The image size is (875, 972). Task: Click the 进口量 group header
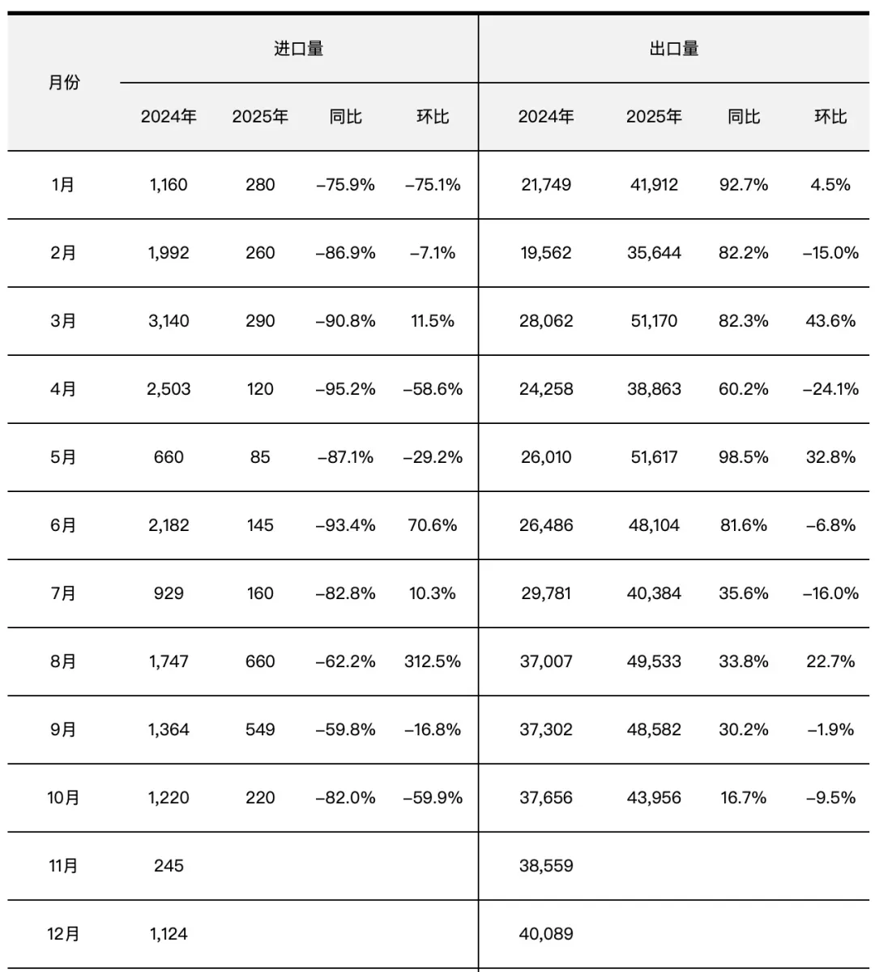point(298,49)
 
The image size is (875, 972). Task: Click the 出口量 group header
point(673,49)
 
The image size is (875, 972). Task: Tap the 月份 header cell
point(64,83)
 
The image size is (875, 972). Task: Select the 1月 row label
point(63,185)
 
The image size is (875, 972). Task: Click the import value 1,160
point(169,185)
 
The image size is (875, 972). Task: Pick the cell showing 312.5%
point(433,662)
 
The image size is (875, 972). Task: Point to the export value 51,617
point(654,457)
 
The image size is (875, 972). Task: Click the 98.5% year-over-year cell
point(743,457)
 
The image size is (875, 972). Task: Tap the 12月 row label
point(63,934)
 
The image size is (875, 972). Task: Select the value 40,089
point(546,934)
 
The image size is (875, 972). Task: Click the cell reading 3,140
point(169,321)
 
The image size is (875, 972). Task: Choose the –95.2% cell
point(345,389)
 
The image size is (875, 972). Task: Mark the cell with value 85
point(260,457)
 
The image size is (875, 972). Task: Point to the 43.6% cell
point(830,321)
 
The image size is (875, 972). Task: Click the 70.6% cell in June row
point(433,525)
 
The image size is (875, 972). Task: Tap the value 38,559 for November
point(546,866)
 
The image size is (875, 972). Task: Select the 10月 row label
point(63,798)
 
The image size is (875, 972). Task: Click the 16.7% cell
point(743,798)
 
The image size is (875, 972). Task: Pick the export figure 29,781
point(546,593)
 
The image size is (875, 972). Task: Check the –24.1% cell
point(830,389)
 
